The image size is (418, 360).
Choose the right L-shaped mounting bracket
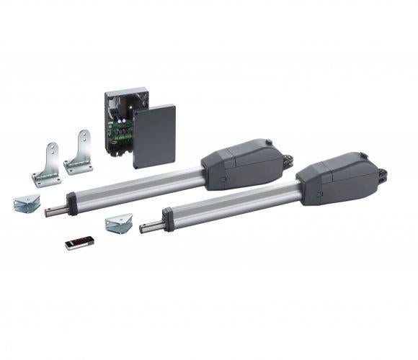80,153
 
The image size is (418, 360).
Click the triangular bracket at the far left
26,204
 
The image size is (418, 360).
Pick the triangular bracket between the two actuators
118,223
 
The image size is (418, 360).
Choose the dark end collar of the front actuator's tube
168,215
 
